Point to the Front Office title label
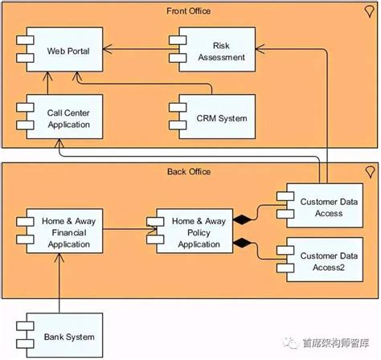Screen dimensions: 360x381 point(190,10)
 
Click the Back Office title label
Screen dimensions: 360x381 point(190,172)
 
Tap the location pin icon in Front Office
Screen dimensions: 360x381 point(369,11)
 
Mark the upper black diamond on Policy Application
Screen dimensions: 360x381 point(239,219)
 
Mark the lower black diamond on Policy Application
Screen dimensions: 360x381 point(239,243)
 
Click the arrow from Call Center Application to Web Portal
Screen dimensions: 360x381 point(48,84)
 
